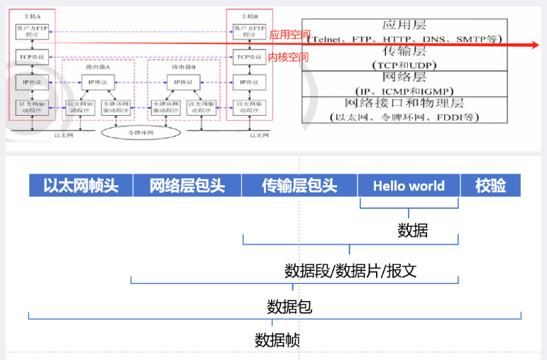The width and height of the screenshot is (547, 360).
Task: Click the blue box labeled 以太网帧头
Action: pos(80,186)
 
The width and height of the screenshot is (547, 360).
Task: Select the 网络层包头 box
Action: pos(187,186)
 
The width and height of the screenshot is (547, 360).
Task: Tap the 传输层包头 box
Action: pos(299,186)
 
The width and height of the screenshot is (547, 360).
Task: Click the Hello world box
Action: pos(409,186)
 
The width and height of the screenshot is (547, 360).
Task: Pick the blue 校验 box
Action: pos(491,186)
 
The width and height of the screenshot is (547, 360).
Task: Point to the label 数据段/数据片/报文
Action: pos(350,271)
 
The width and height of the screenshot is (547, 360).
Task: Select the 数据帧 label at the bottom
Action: pos(277,339)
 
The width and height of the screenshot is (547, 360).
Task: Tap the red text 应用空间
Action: pos(289,34)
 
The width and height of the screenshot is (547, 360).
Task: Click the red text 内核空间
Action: pos(288,57)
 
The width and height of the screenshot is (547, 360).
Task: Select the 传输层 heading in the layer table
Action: pos(403,52)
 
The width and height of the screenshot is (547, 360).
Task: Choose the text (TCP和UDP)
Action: pos(402,65)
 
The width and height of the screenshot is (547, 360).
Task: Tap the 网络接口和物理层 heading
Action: pos(403,104)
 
